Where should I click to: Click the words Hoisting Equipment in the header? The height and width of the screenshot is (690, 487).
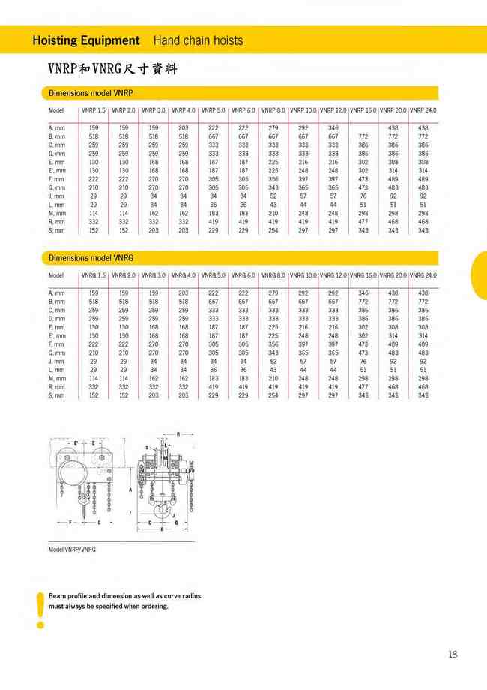pyautogui.click(x=86, y=40)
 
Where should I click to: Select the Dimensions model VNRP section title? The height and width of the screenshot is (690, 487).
pyautogui.click(x=91, y=94)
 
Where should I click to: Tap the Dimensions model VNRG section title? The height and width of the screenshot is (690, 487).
pyautogui.click(x=91, y=258)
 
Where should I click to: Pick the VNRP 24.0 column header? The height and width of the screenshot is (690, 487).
pyautogui.click(x=423, y=110)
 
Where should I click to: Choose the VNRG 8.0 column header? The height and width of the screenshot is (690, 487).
pyautogui.click(x=273, y=275)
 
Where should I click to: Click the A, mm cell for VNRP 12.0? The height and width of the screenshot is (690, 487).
pyautogui.click(x=333, y=128)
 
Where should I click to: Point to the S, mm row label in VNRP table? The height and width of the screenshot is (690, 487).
pyautogui.click(x=57, y=230)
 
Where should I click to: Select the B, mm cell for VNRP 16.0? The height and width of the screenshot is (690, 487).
pyautogui.click(x=363, y=137)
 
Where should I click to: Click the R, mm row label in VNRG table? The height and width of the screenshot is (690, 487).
pyautogui.click(x=57, y=386)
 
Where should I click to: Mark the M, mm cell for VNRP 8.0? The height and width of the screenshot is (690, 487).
pyautogui.click(x=273, y=212)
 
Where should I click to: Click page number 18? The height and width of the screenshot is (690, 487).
pyautogui.click(x=452, y=655)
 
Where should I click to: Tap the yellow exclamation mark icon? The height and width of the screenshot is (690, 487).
pyautogui.click(x=40, y=609)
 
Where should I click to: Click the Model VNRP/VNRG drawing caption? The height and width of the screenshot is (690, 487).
pyautogui.click(x=72, y=550)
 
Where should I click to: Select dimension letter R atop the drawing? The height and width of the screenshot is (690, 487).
pyautogui.click(x=178, y=434)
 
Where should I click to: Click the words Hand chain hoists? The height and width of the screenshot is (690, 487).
pyautogui.click(x=198, y=40)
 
